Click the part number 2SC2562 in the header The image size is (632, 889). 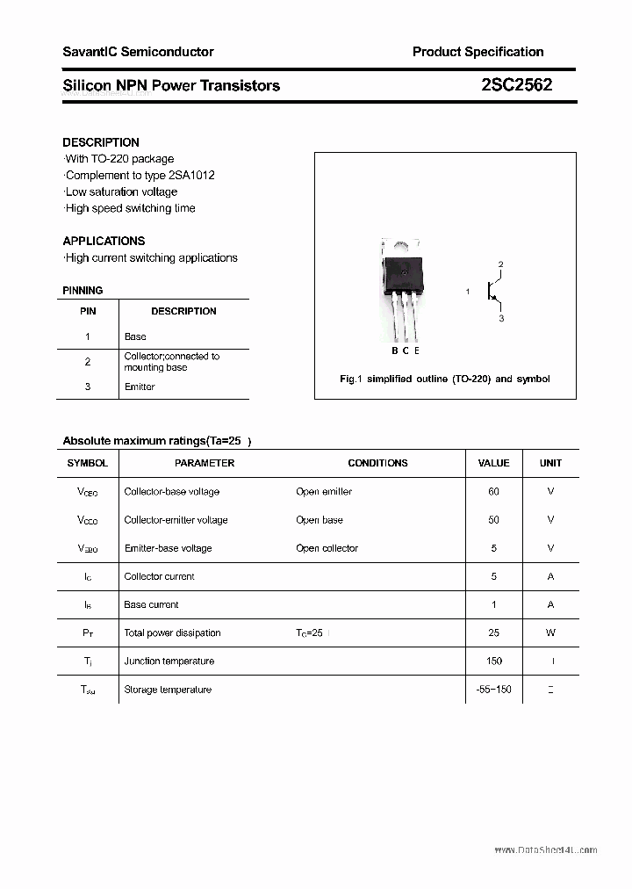click(516, 85)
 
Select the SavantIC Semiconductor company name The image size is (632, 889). click(138, 52)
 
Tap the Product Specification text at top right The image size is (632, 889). click(478, 52)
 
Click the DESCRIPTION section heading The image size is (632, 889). click(101, 142)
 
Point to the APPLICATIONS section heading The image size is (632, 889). click(104, 241)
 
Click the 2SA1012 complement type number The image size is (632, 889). click(190, 175)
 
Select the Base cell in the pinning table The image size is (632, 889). click(135, 336)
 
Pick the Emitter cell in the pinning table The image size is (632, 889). click(140, 387)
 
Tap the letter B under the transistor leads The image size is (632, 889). click(395, 351)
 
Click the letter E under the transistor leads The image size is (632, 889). click(416, 351)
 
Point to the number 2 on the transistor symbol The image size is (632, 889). click(500, 264)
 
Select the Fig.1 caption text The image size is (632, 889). click(444, 379)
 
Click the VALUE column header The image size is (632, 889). click(493, 463)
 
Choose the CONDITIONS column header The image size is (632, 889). click(377, 463)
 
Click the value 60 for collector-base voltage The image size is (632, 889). click(493, 492)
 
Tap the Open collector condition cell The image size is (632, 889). click(327, 548)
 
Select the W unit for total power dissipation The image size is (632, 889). click(550, 632)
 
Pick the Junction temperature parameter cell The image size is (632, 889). click(170, 661)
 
